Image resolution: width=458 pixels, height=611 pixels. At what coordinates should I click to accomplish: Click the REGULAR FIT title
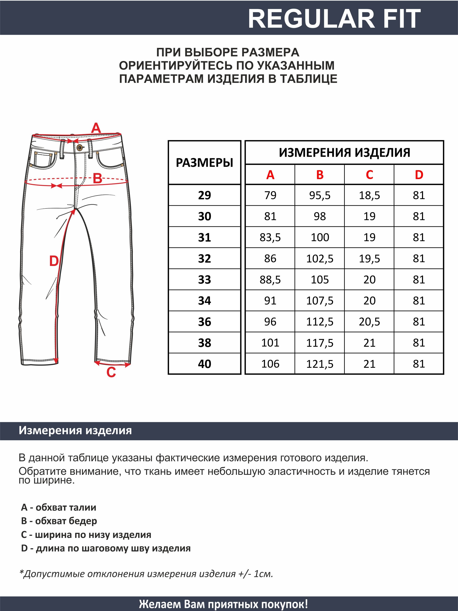pyautogui.click(x=334, y=19)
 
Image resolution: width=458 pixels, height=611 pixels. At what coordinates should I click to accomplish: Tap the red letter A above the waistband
pyautogui.click(x=96, y=128)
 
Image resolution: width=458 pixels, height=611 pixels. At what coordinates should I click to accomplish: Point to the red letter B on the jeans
pyautogui.click(x=97, y=178)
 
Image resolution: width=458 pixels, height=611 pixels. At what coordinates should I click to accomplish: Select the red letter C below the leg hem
pyautogui.click(x=111, y=372)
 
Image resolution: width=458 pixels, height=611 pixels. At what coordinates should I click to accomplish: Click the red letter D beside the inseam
pyautogui.click(x=54, y=261)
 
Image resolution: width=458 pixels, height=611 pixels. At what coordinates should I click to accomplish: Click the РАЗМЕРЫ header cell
pyautogui.click(x=204, y=163)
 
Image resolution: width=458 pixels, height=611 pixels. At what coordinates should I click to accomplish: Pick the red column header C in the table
pyautogui.click(x=369, y=175)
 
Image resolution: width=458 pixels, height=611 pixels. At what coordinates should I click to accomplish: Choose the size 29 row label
pyautogui.click(x=204, y=195)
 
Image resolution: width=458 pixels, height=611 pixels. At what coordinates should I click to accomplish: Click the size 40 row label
pyautogui.click(x=204, y=364)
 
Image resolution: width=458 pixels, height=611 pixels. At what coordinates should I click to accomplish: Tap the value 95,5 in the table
pyautogui.click(x=320, y=195)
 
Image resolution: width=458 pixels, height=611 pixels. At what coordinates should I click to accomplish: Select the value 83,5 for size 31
pyautogui.click(x=270, y=237)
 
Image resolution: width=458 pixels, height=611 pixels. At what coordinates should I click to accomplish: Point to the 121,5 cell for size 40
pyautogui.click(x=320, y=364)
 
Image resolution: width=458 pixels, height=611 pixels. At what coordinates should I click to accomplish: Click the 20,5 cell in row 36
pyautogui.click(x=369, y=322)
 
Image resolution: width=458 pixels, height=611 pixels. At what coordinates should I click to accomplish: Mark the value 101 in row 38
pyautogui.click(x=270, y=343)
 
